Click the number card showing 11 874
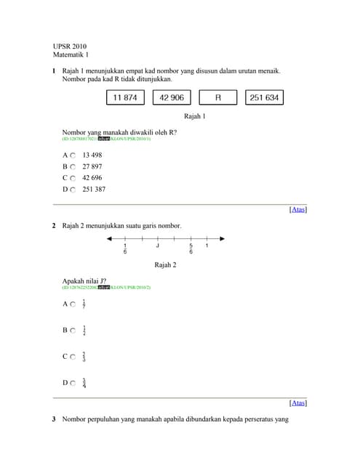tap(127, 97)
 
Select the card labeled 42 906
tap(172, 97)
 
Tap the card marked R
tap(218, 97)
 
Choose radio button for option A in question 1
tap(73, 155)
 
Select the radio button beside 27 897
tap(73, 166)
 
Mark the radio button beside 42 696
tap(73, 178)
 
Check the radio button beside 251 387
tap(73, 189)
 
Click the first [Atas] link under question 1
tap(298, 210)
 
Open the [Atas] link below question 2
tap(298, 403)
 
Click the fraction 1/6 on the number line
tap(125, 249)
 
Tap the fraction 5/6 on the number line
tap(191, 249)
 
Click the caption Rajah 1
tap(195, 116)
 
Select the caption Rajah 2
tap(166, 265)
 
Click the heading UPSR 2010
tap(70, 46)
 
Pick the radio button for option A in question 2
tap(73, 304)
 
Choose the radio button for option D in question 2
tap(73, 383)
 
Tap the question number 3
tap(55, 420)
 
